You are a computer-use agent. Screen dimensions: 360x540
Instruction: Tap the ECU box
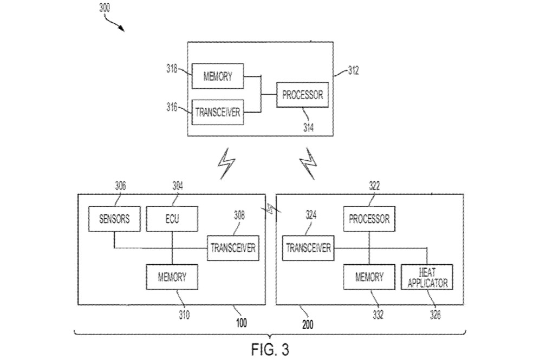pyautogui.click(x=172, y=219)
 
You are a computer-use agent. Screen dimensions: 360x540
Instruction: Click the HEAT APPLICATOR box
pyautogui.click(x=426, y=277)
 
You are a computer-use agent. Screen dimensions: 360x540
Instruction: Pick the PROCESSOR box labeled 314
pyautogui.click(x=302, y=95)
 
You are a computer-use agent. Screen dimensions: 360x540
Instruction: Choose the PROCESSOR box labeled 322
pyautogui.click(x=369, y=219)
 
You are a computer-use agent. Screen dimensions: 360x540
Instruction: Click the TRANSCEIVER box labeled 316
pyautogui.click(x=218, y=113)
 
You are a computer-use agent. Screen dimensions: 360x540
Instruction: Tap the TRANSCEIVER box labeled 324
pyautogui.click(x=308, y=248)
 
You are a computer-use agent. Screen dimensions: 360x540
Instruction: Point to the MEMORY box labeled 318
pyautogui.click(x=218, y=76)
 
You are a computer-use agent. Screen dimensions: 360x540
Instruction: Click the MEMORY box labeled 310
pyautogui.click(x=172, y=277)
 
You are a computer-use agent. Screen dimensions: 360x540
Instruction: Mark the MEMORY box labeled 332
pyautogui.click(x=369, y=277)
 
